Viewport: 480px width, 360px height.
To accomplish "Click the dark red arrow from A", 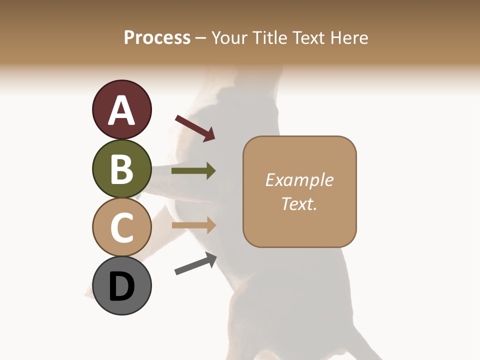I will coord(195,128).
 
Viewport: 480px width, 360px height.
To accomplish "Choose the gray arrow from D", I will coord(195,264).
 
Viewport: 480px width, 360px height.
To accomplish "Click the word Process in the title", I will coord(157,38).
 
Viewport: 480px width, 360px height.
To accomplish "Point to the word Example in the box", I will coord(299,180).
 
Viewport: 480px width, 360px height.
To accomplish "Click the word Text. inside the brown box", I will coord(299,203).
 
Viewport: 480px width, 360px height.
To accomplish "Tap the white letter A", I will coord(121,110).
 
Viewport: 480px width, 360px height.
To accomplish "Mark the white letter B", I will coord(121,169).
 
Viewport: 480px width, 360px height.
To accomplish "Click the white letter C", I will coord(121,227).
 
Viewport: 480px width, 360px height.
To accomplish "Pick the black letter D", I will coord(121,286).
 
